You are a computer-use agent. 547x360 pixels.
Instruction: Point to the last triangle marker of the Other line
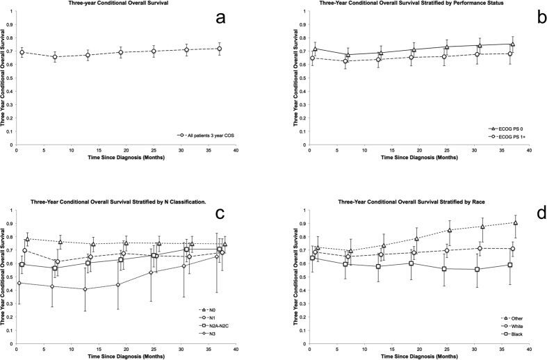515,223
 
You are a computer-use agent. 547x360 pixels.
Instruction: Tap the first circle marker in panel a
22,53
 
